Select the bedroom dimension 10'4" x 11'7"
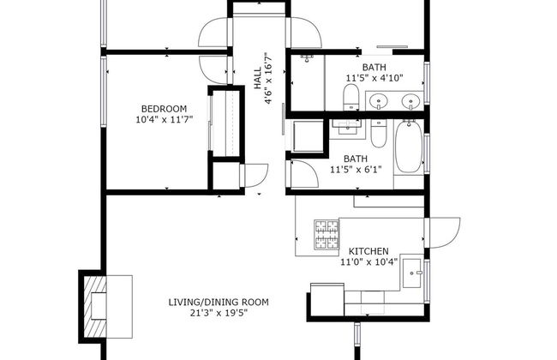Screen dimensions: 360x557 pyautogui.click(x=164, y=120)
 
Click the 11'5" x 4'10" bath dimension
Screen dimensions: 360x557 pyautogui.click(x=374, y=77)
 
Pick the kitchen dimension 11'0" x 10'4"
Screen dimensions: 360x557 pyautogui.click(x=368, y=262)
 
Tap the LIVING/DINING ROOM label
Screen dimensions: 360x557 pyautogui.click(x=219, y=302)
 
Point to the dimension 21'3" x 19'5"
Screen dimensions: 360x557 pyautogui.click(x=219, y=314)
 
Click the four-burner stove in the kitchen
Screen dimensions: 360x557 pyautogui.click(x=326, y=235)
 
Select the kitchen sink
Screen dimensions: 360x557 pyautogui.click(x=412, y=273)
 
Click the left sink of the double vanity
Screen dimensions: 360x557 pyautogui.click(x=378, y=102)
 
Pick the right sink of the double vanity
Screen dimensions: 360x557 pyautogui.click(x=410, y=102)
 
